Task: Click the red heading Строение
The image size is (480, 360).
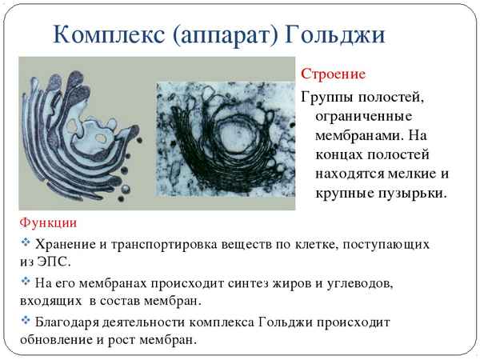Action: (333, 74)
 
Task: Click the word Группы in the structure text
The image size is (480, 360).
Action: (328, 98)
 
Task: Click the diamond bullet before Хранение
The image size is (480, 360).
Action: (25, 242)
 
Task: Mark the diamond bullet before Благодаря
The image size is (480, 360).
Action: (25, 322)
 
